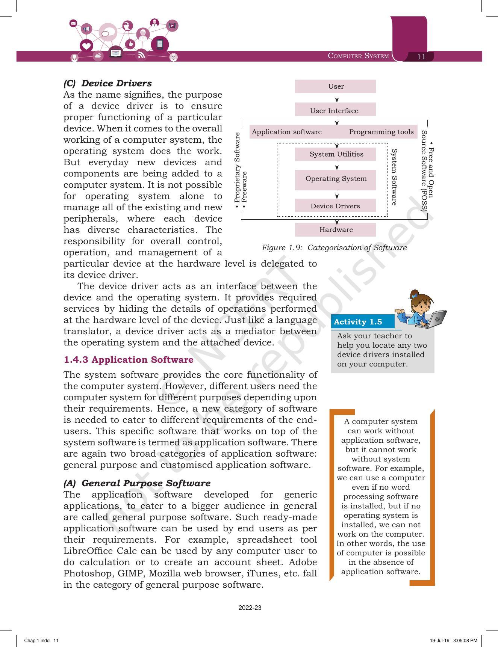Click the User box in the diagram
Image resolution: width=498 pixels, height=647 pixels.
click(x=335, y=86)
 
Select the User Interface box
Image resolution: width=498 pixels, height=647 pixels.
click(x=335, y=110)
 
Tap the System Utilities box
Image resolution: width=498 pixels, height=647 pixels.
click(x=336, y=154)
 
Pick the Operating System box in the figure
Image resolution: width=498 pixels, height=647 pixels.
click(x=336, y=179)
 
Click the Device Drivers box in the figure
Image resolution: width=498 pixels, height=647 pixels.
click(x=335, y=206)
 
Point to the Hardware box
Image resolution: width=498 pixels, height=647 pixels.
click(x=335, y=230)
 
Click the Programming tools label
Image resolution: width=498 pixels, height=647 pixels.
click(x=381, y=132)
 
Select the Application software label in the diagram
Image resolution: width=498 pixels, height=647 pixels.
click(x=287, y=132)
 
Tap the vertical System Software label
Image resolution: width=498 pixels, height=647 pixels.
click(x=394, y=177)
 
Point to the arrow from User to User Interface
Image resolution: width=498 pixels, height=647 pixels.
click(x=337, y=98)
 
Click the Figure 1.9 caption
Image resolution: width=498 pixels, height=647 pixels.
click(x=334, y=247)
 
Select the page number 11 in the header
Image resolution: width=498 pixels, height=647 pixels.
click(x=421, y=57)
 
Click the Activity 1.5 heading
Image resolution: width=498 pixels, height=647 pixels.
click(x=358, y=322)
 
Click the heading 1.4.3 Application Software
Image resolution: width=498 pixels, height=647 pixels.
click(x=129, y=360)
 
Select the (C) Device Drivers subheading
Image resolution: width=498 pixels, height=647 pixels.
click(x=107, y=83)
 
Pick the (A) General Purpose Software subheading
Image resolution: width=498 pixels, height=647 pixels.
click(x=137, y=483)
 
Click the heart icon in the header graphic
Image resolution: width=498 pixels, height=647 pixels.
click(x=86, y=46)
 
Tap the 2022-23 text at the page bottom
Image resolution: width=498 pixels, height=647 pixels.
click(x=250, y=608)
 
